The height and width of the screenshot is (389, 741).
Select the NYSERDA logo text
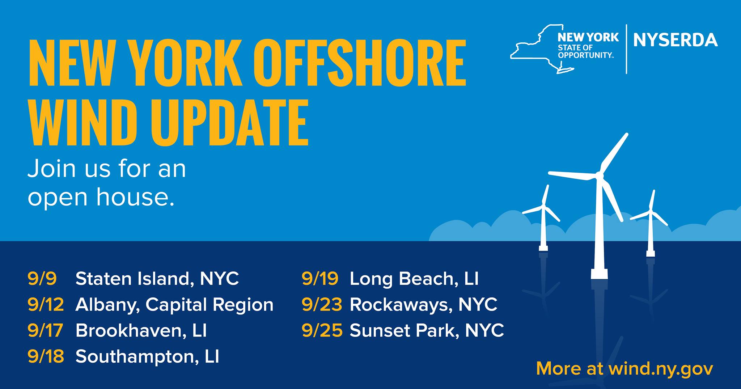[676, 40]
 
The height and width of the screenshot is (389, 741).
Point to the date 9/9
[42, 279]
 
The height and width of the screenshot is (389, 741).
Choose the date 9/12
[46, 305]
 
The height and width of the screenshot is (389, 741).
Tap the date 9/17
[46, 331]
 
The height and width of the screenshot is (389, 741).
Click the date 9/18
[46, 357]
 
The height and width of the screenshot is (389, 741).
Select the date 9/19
[320, 279]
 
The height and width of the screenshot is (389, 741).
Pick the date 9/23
[322, 305]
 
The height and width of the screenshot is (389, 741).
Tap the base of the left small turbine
[543, 249]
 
